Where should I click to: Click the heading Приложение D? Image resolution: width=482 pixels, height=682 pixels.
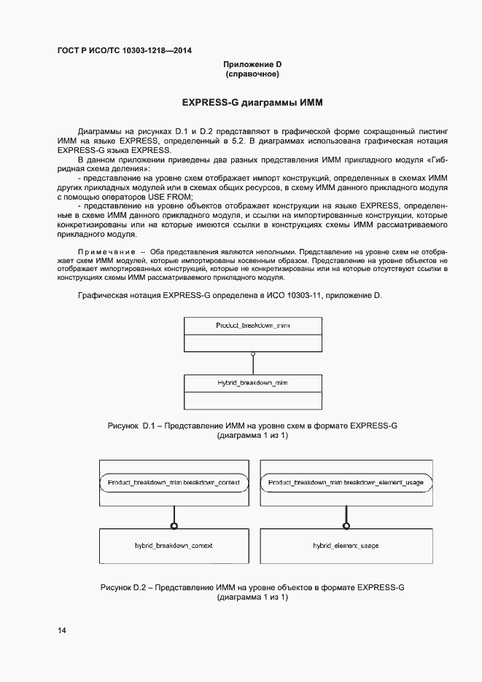pos(252,64)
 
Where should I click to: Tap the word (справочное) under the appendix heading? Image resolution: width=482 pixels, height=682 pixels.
pos(252,74)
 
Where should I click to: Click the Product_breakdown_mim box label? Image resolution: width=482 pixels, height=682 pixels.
pos(253,325)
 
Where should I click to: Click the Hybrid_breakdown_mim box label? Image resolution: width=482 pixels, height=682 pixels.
pos(253,382)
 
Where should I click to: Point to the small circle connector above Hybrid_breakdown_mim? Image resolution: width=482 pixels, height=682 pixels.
pos(253,354)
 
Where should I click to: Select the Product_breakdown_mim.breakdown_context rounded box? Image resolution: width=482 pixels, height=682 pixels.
pos(174,483)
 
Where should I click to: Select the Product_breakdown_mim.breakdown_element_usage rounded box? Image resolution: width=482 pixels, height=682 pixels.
pos(346,483)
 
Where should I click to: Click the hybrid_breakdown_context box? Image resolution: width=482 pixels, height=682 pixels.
pos(174,545)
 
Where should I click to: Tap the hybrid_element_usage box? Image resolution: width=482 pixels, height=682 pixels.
pos(346,545)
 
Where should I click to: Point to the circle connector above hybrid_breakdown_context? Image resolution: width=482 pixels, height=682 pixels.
pos(174,525)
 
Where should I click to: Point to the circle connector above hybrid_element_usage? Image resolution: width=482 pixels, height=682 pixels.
pos(346,525)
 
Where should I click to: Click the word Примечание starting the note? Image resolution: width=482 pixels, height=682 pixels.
pos(103,251)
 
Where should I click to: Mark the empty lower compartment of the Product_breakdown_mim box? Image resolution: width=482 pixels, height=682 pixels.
pos(253,342)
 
